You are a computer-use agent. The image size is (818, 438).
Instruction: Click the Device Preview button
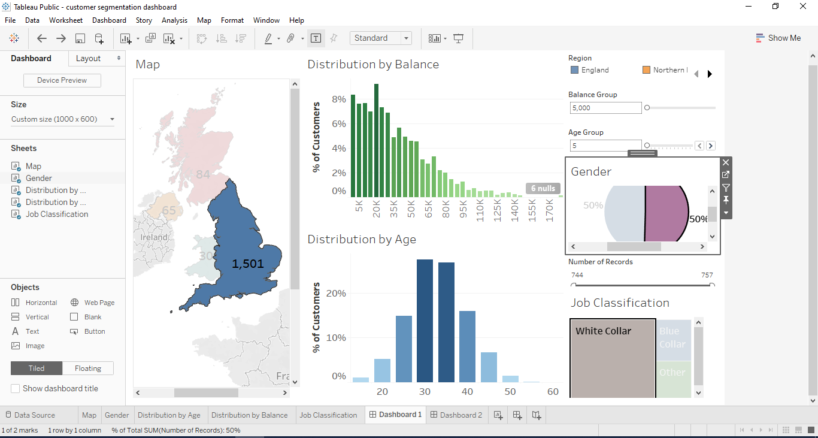click(62, 80)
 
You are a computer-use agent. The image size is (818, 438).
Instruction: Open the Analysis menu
click(174, 20)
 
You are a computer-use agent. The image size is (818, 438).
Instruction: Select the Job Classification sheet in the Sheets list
click(57, 214)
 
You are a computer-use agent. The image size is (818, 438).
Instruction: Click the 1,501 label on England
click(248, 264)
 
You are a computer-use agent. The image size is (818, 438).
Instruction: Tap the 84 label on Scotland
click(203, 174)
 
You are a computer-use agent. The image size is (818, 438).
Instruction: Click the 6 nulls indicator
click(543, 188)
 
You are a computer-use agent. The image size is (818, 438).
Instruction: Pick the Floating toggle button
click(88, 368)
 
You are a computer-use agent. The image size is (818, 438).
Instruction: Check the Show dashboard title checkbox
click(16, 388)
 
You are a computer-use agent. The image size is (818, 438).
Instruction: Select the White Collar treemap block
click(612, 360)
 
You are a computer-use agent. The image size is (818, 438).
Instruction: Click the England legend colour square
click(575, 70)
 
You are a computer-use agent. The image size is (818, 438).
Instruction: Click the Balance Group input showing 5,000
click(605, 108)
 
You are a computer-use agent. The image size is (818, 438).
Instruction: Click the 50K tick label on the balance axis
click(411, 208)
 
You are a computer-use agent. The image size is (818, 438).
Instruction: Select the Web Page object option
click(99, 303)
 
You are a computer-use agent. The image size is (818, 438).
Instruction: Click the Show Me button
click(778, 38)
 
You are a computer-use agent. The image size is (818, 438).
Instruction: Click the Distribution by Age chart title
click(362, 239)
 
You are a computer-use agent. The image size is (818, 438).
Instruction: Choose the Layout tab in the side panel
click(89, 58)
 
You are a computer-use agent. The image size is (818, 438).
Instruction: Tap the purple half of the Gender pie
click(665, 213)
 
